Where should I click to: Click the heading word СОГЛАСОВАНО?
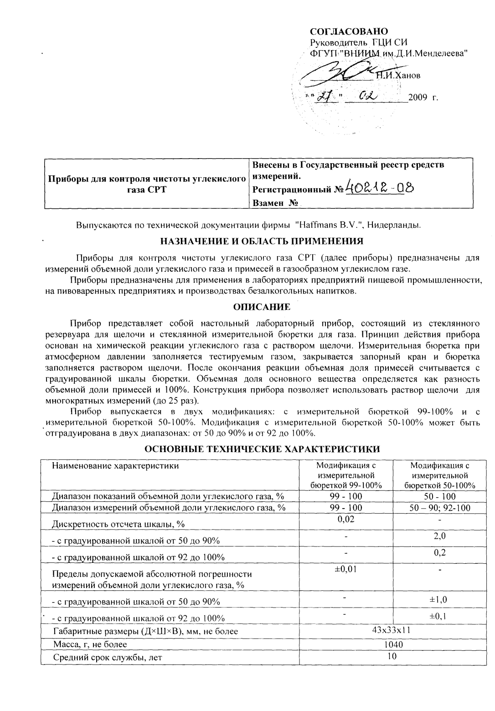(x=349, y=31)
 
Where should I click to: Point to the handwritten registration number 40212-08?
(x=379, y=186)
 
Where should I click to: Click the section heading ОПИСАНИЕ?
(x=262, y=307)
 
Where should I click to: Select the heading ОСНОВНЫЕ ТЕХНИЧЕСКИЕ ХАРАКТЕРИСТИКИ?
(x=262, y=449)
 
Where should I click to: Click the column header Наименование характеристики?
(x=115, y=466)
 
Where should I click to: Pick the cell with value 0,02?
(x=346, y=519)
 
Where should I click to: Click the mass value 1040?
(x=392, y=644)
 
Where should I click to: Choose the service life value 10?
(x=392, y=657)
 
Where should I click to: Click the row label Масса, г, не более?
(x=90, y=644)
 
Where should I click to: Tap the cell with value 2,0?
(x=439, y=536)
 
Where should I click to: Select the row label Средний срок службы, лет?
(x=108, y=657)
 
